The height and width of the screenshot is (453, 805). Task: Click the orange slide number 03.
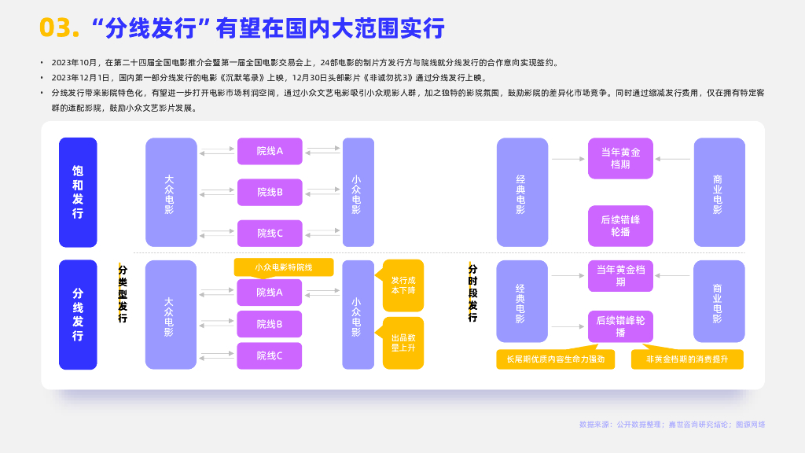tap(60, 28)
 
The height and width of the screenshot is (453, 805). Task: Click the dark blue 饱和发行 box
tap(78, 193)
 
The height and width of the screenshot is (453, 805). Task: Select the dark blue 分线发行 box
tap(78, 315)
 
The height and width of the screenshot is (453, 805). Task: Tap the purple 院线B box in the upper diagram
tap(270, 192)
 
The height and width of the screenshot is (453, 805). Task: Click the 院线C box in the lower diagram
tap(270, 355)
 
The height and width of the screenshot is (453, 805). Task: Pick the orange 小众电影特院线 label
tap(284, 267)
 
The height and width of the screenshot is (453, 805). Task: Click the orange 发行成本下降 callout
tap(403, 285)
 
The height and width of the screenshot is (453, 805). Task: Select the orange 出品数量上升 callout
tap(403, 342)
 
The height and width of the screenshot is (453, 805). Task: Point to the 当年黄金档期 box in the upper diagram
tap(620, 158)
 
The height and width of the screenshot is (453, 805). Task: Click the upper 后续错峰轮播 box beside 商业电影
tap(620, 226)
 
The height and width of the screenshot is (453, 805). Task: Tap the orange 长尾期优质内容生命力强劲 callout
tap(555, 359)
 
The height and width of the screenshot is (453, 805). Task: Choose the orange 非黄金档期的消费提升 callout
tap(687, 359)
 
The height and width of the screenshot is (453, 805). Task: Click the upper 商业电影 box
tap(719, 193)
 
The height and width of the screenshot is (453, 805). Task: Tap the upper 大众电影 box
tap(171, 193)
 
